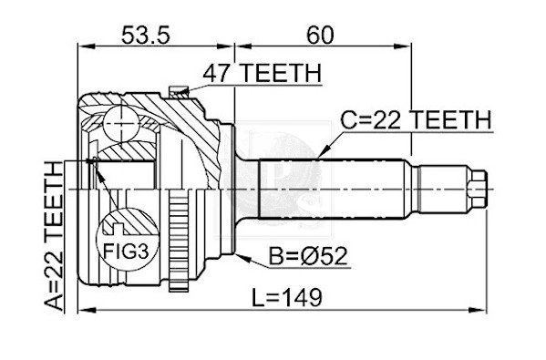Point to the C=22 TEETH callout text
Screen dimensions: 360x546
pos(416,120)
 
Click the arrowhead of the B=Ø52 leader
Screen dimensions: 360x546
pos(235,256)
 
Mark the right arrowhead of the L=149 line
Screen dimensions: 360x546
pos(488,311)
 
